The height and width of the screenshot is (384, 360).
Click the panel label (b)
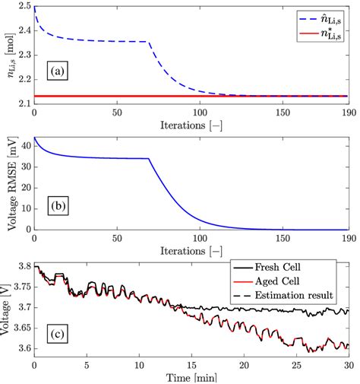pyautogui.click(x=58, y=205)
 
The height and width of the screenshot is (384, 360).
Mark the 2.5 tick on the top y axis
pyautogui.click(x=23, y=7)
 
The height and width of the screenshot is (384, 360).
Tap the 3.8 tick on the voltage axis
pyautogui.click(x=23, y=266)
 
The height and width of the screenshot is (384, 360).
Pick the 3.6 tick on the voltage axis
pyautogui.click(x=23, y=348)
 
